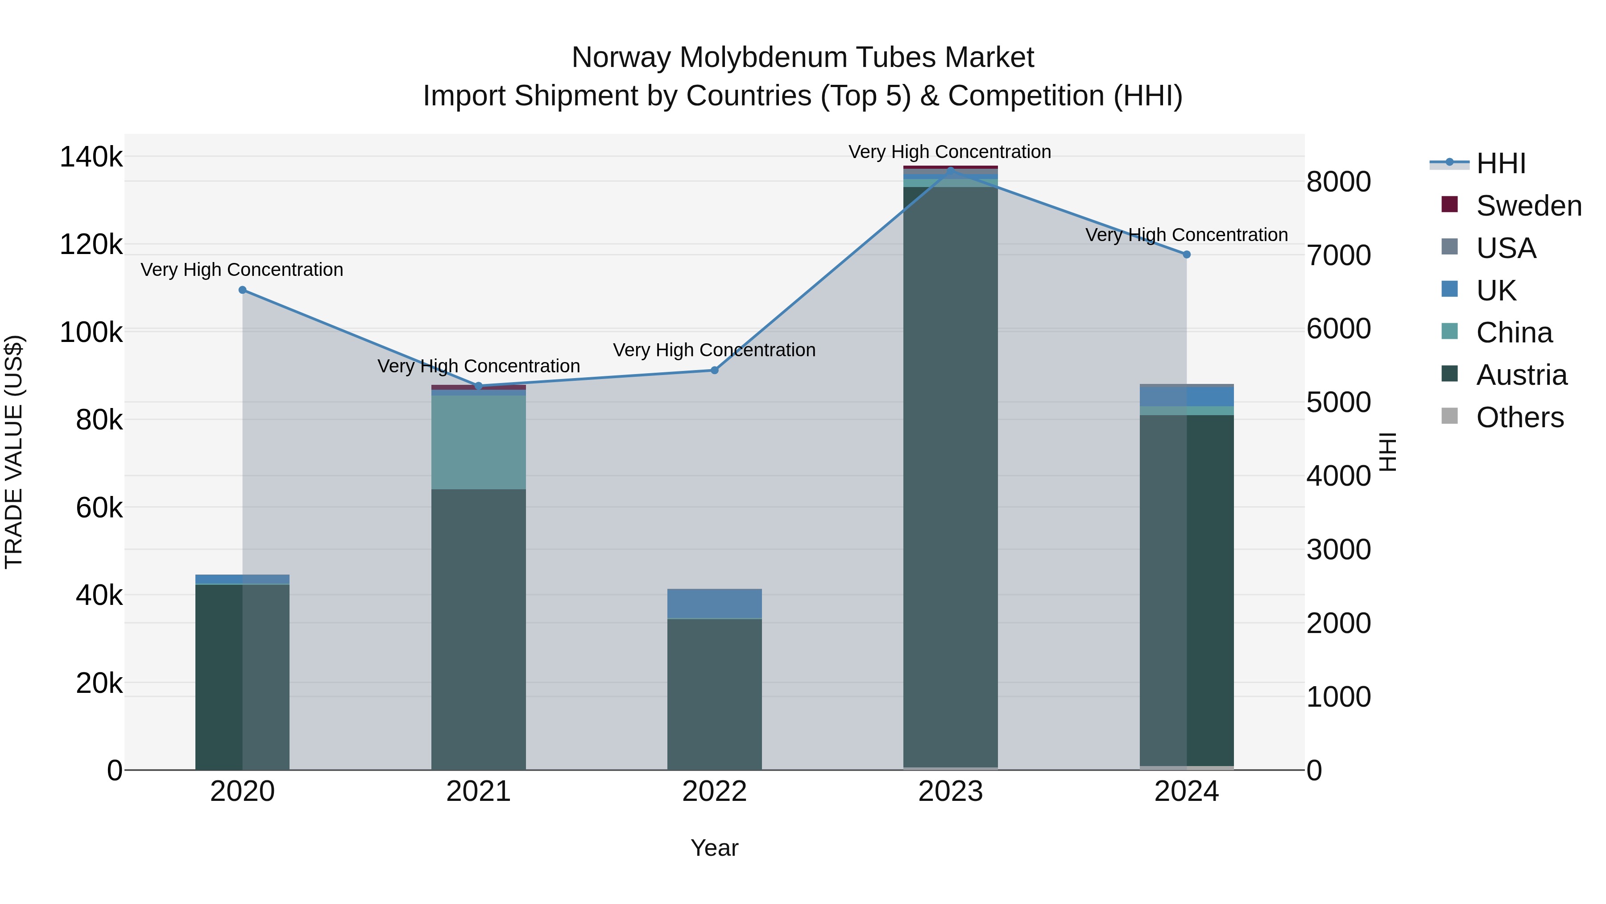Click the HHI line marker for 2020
point(243,290)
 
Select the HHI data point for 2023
point(951,170)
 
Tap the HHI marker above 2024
point(1186,254)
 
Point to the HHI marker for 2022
point(715,371)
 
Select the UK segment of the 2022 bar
point(715,603)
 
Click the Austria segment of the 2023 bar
point(951,474)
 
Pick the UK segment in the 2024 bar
point(1186,397)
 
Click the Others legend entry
point(1519,417)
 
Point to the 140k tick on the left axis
point(91,157)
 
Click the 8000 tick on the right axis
point(1338,182)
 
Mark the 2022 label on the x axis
point(715,792)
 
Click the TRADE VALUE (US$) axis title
point(14,452)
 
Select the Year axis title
point(715,848)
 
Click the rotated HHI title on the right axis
point(1388,452)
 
